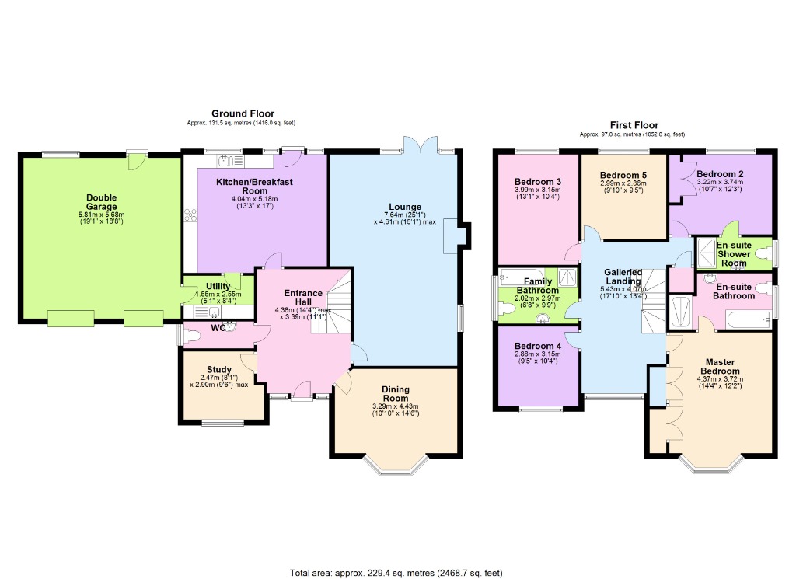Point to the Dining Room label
395,394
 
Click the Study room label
218,369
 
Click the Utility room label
218,287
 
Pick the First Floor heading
634,125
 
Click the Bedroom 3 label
537,182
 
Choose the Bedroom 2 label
720,174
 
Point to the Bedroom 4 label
537,346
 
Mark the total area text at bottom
396,573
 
